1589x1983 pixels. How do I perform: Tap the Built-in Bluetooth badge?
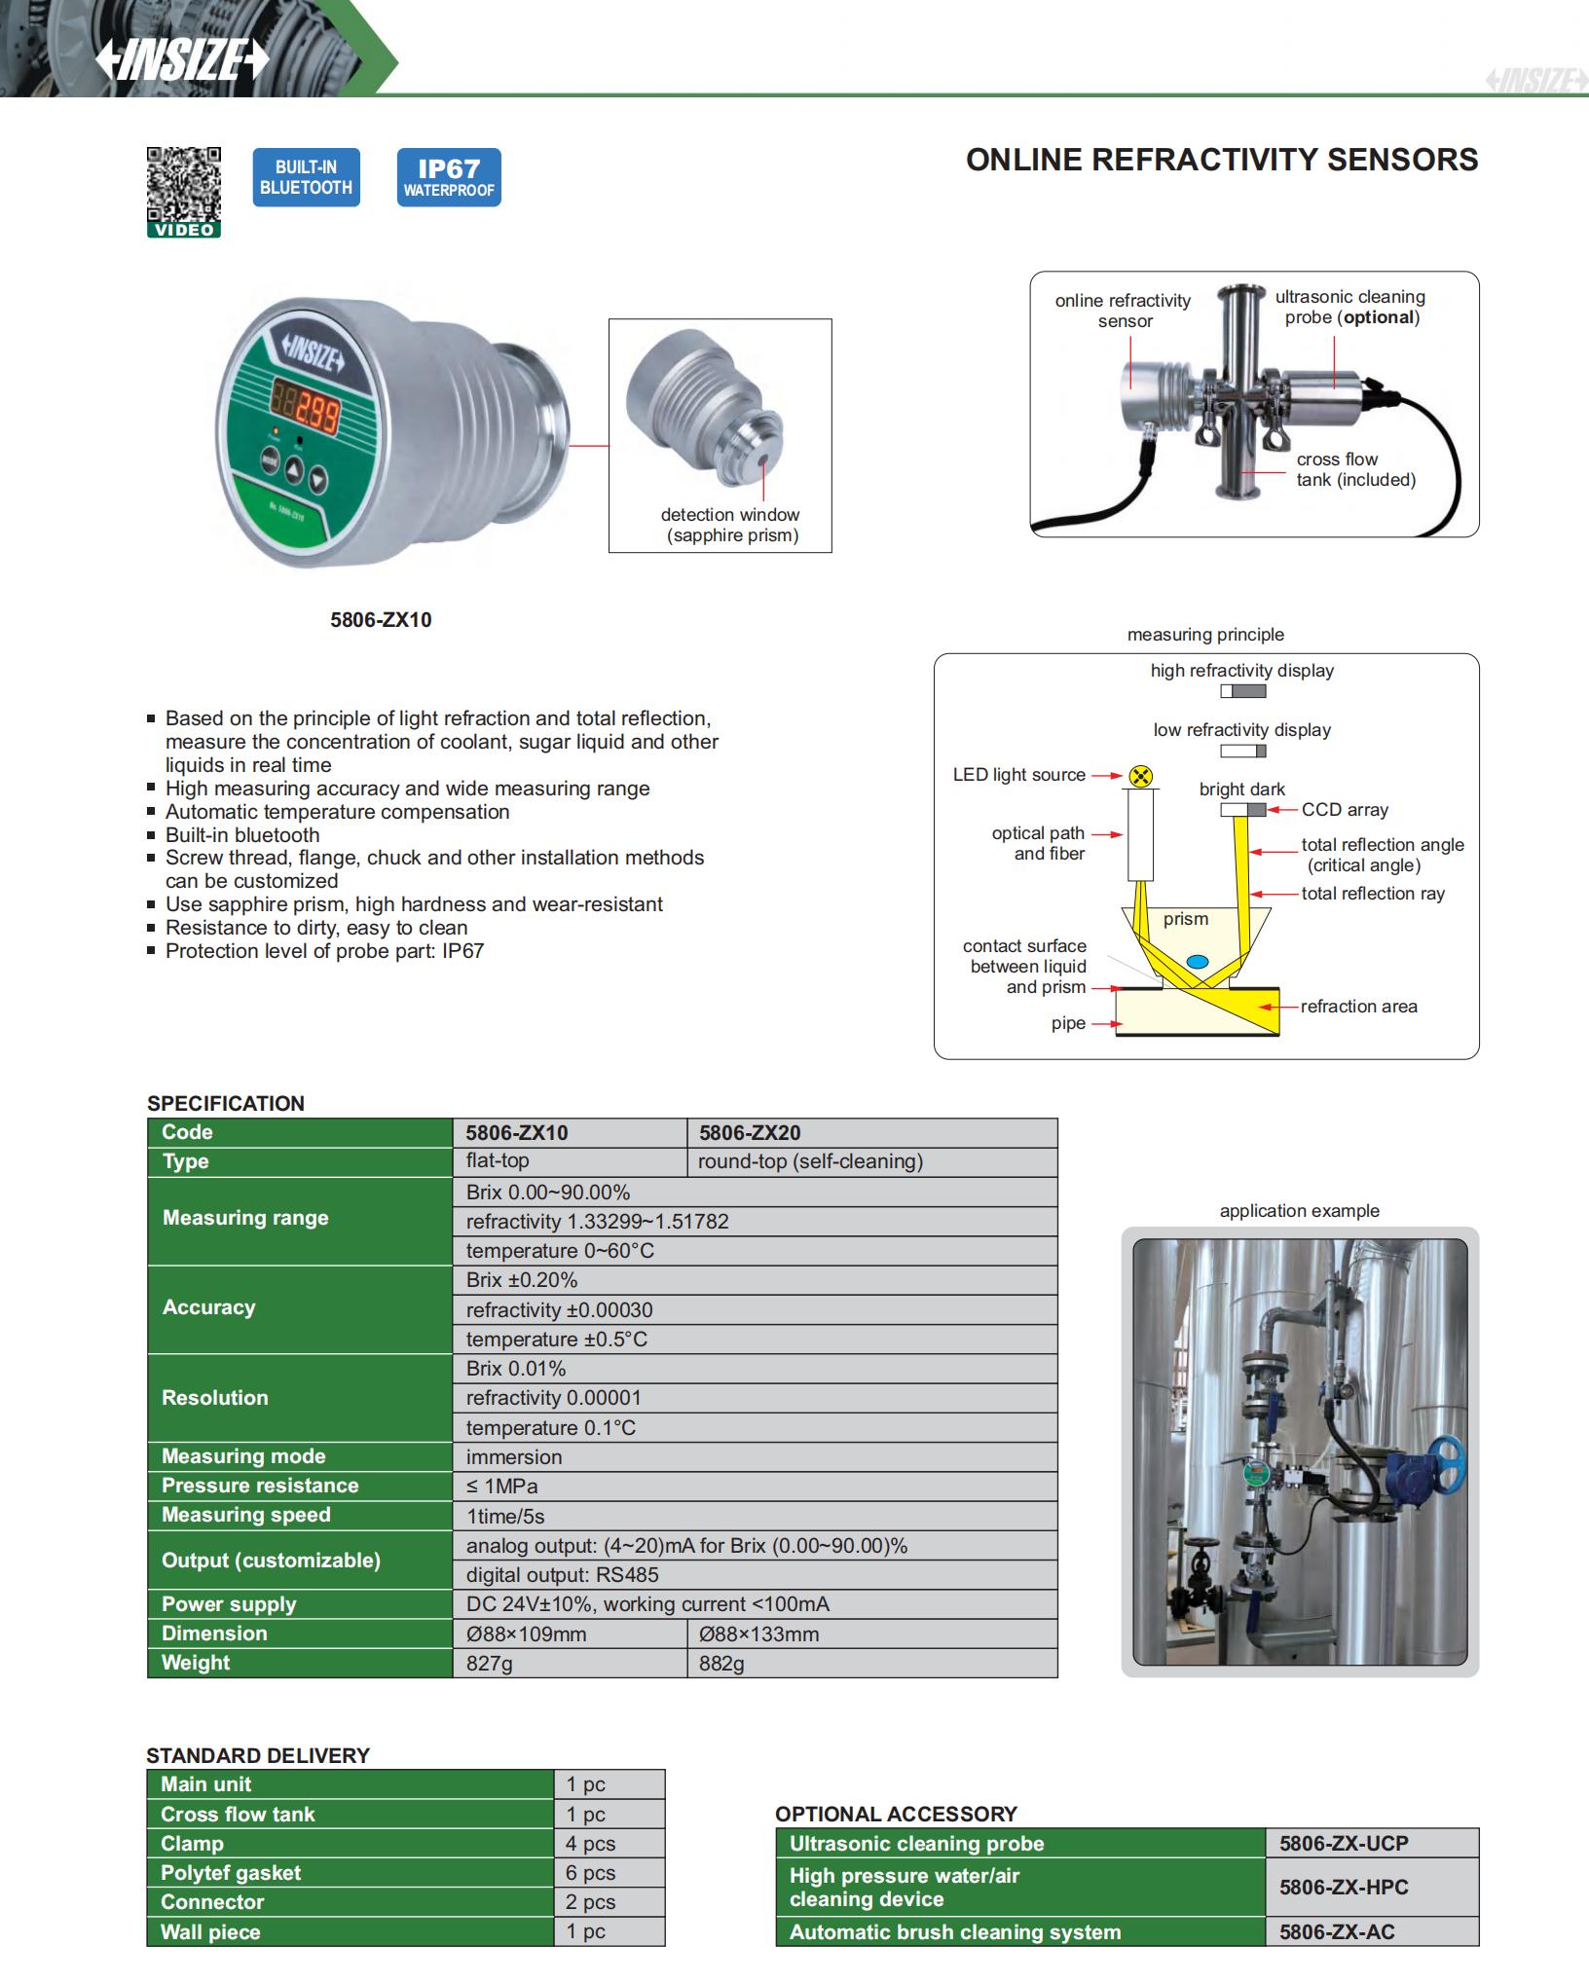(x=306, y=177)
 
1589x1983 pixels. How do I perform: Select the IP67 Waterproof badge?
(x=449, y=177)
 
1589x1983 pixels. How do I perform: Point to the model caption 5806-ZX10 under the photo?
(x=381, y=620)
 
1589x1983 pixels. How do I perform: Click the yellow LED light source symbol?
(x=1141, y=776)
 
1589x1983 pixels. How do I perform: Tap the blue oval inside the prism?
(x=1198, y=962)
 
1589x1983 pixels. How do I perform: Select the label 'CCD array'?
(x=1345, y=810)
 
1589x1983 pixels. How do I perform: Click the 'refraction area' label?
(x=1358, y=1007)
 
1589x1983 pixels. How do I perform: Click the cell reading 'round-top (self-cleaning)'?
(x=810, y=1161)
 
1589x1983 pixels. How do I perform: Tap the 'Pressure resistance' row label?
(x=260, y=1486)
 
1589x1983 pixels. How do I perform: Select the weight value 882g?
(x=721, y=1664)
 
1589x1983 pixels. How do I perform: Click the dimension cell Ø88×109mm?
(x=526, y=1634)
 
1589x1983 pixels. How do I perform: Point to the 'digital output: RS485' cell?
(x=562, y=1575)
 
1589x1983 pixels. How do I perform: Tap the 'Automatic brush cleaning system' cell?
(x=954, y=1932)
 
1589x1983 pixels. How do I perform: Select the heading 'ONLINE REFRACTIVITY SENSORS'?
(x=1221, y=160)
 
